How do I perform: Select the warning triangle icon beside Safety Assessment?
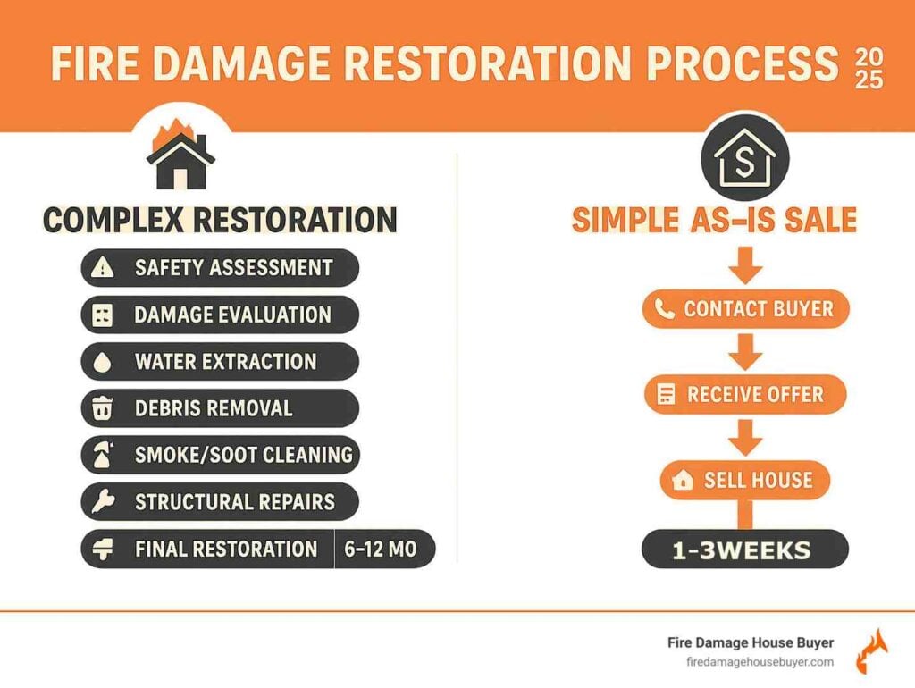coord(104,267)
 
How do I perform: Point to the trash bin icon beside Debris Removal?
coord(103,409)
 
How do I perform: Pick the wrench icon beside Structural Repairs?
coord(103,502)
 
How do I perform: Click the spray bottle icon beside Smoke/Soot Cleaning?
coord(103,456)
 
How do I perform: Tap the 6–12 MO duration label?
coord(381,550)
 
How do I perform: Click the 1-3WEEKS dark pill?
coord(745,550)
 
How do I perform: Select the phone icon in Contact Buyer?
coord(664,309)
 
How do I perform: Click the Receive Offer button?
coord(745,394)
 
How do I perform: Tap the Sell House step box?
coord(745,480)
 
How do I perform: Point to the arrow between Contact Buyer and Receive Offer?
coord(745,352)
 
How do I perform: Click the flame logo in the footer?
coord(871,651)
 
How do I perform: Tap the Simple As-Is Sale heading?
coord(714,220)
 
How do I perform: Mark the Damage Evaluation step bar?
coord(220,315)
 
